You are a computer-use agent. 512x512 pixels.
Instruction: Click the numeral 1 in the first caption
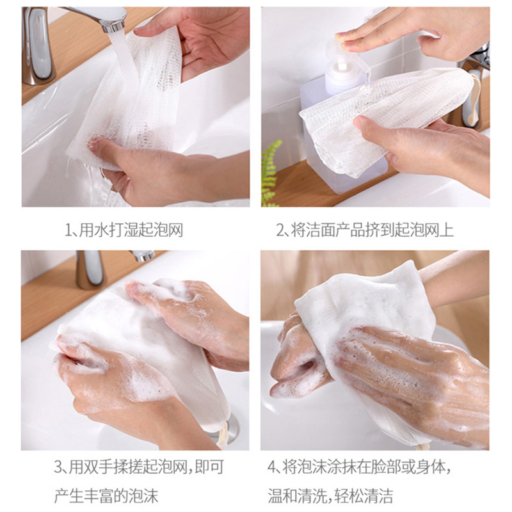68,230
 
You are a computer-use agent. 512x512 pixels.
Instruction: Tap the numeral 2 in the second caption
280,230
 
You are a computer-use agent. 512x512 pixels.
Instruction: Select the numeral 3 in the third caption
58,467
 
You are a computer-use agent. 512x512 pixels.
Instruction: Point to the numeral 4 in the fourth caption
271,467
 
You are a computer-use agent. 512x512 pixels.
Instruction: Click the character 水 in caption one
101,230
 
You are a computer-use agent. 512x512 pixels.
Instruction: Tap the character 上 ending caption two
446,230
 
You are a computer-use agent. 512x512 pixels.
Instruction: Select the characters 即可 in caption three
209,467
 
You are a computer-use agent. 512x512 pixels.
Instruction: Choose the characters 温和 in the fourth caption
282,496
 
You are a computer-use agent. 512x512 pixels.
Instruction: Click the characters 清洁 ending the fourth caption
378,496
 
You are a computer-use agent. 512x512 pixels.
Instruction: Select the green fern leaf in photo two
270,173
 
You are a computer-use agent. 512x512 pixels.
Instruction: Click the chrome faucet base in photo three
90,269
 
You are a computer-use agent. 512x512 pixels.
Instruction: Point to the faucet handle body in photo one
38,45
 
